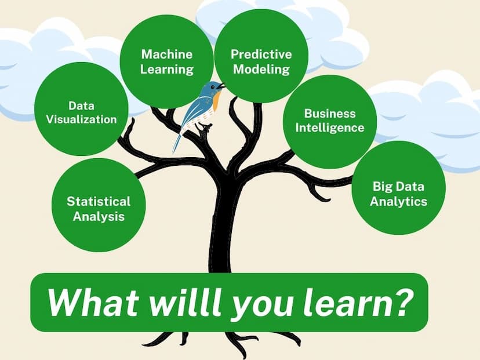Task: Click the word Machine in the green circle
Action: (x=167, y=54)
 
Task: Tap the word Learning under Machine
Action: (x=167, y=70)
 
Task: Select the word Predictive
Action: (x=261, y=54)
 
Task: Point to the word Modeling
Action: (x=261, y=70)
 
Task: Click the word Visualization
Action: (x=81, y=119)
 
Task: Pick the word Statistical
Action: (x=99, y=201)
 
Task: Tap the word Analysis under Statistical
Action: (x=99, y=216)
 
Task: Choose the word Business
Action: (x=330, y=114)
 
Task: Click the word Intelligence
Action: (x=330, y=128)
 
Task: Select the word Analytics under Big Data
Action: (x=398, y=201)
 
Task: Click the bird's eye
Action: (x=212, y=87)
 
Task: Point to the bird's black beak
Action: (x=221, y=86)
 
